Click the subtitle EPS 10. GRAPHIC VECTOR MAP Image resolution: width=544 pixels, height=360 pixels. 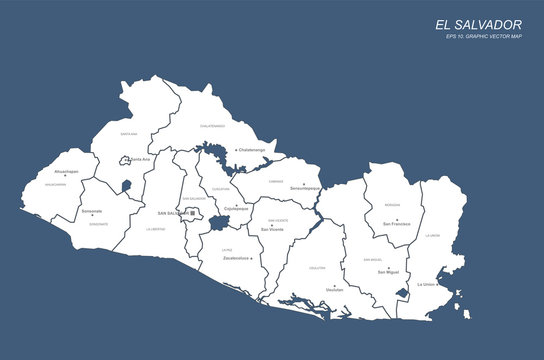484,38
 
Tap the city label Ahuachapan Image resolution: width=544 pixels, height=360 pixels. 66,171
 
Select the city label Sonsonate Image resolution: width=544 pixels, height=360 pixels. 92,211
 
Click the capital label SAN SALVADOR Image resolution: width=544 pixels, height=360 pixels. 172,213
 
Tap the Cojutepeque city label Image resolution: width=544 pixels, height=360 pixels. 236,209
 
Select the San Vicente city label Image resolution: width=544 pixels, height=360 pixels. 272,229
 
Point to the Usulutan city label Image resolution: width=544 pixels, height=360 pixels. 335,289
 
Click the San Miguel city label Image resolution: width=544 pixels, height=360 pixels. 388,271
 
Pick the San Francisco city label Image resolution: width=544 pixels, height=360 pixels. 397,224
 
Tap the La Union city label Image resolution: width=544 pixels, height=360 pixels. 426,284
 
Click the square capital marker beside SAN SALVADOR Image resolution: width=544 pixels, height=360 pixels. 193,213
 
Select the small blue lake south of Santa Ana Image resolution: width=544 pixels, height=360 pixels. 125,185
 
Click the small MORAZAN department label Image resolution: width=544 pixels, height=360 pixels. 392,205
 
